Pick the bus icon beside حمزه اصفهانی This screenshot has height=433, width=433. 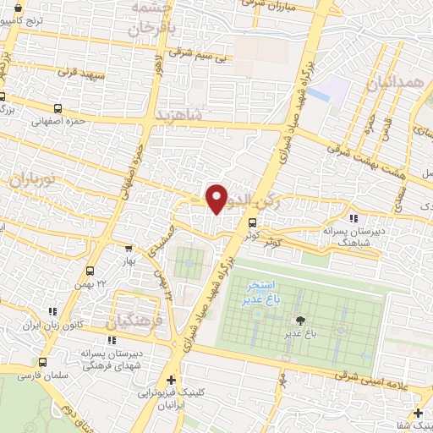[58, 108]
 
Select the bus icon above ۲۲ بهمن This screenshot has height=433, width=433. [90, 271]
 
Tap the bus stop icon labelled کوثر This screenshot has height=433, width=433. [252, 223]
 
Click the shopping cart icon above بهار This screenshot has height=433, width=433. [128, 249]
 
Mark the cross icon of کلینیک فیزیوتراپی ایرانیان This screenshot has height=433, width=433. [172, 380]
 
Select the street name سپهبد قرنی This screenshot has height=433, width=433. [79, 74]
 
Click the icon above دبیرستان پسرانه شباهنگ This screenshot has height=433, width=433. [352, 219]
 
